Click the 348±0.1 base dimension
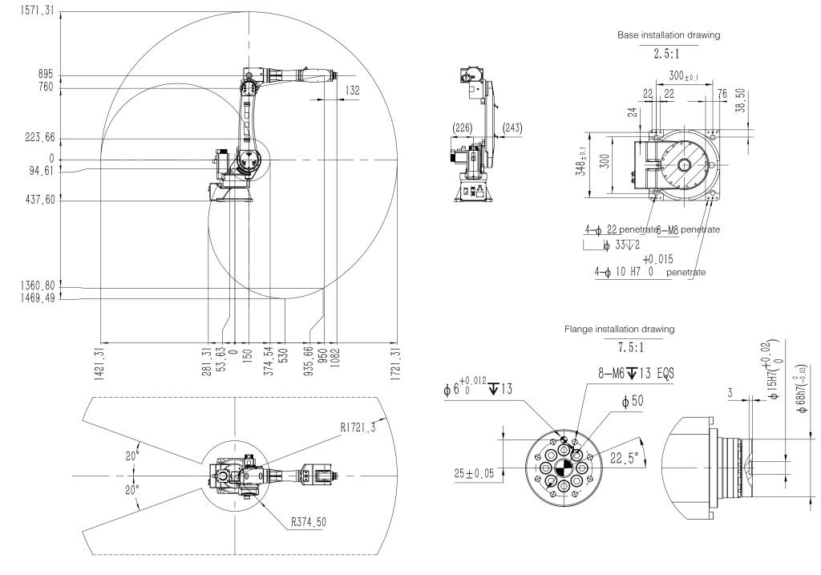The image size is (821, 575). [592, 167]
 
